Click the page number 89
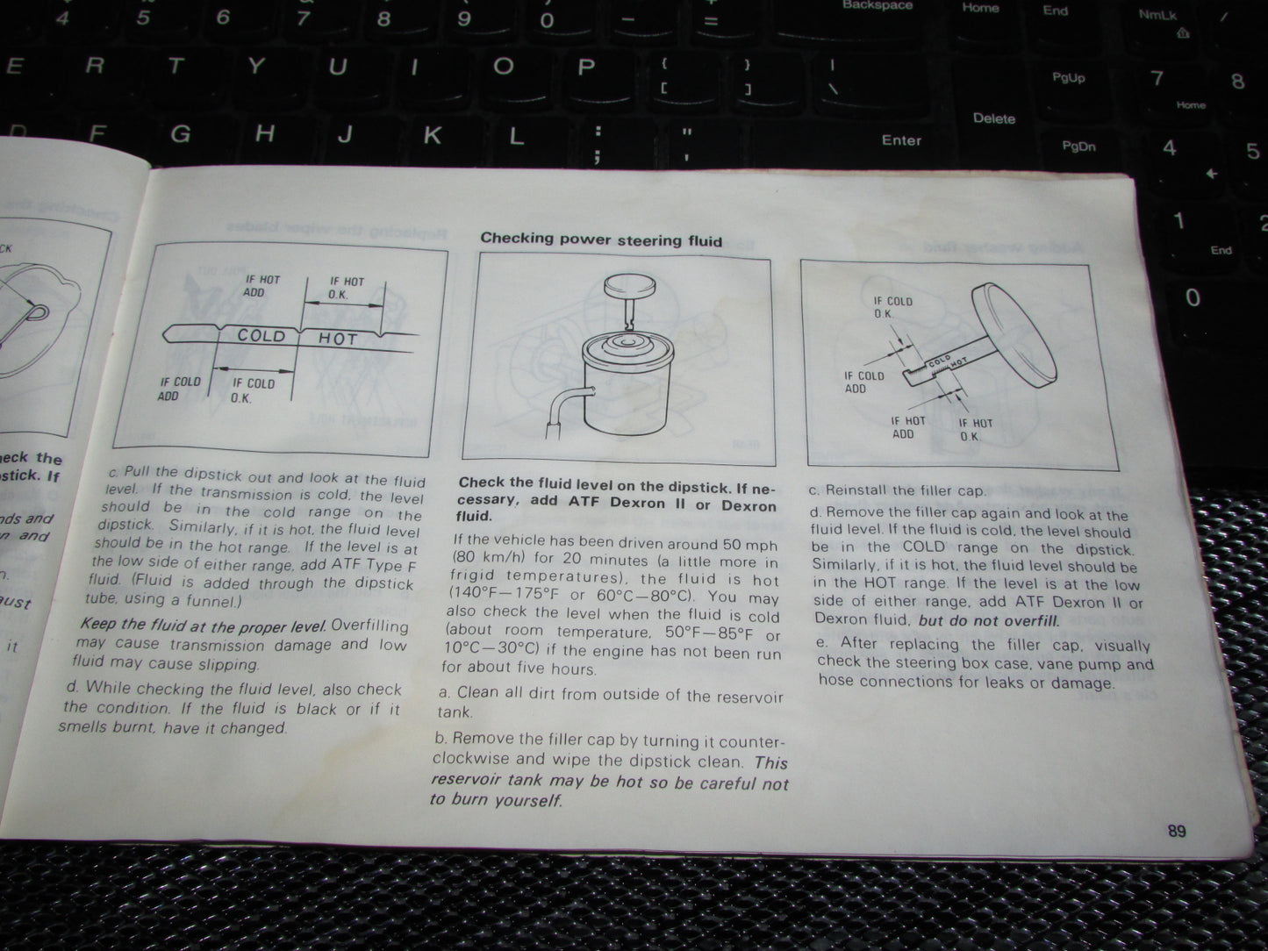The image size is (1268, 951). tap(1176, 830)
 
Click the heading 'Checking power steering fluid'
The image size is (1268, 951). tap(601, 240)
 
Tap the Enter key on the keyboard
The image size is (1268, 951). tap(901, 140)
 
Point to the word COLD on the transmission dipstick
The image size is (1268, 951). tap(261, 335)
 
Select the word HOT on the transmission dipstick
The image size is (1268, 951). tap(337, 339)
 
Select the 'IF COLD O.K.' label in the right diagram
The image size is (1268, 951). tap(892, 307)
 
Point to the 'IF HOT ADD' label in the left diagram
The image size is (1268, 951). tap(262, 285)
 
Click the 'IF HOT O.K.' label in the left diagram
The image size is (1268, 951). tap(347, 288)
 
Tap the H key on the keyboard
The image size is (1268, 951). tap(263, 133)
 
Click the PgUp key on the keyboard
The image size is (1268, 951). tap(1068, 78)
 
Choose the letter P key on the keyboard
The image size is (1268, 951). tap(585, 68)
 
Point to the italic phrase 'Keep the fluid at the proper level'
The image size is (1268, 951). tap(203, 626)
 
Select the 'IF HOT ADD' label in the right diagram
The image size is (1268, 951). tap(907, 427)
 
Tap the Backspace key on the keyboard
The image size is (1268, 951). tap(877, 6)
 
